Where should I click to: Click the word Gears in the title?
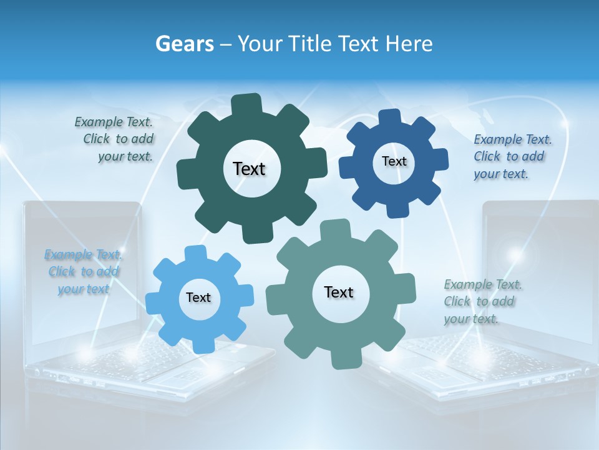point(184,44)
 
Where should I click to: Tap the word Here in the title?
point(409,44)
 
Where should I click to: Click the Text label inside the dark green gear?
point(250,169)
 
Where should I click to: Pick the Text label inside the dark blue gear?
point(394,161)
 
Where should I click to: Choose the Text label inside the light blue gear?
point(198,297)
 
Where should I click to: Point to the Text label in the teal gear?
point(339,292)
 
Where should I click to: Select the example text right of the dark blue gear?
point(512,156)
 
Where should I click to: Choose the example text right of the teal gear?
point(482,301)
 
